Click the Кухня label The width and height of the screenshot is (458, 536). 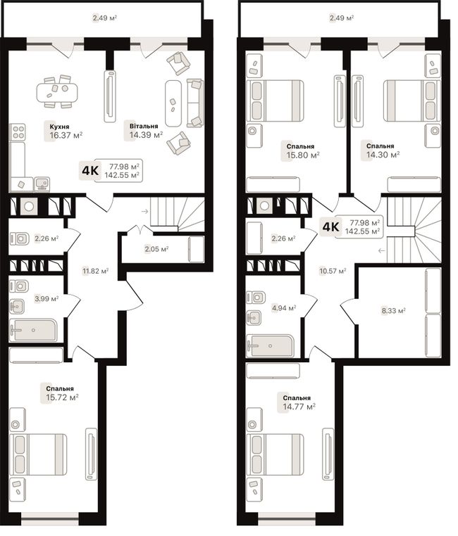[59, 127]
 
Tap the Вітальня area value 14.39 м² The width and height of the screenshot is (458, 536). [146, 134]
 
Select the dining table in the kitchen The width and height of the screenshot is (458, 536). [57, 91]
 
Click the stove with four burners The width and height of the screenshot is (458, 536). [18, 132]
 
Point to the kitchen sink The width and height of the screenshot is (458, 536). [42, 184]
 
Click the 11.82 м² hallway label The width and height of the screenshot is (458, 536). [96, 272]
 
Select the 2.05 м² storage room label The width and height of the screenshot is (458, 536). [156, 249]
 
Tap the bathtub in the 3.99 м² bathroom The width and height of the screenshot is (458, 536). [33, 330]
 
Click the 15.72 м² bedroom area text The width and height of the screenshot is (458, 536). [62, 397]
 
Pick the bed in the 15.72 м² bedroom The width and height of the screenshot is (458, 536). [38, 454]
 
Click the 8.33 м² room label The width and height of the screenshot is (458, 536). [394, 311]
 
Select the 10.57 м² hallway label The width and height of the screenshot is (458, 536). [333, 272]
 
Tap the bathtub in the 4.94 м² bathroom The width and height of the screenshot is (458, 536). [270, 345]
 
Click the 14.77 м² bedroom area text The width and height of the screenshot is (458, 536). [299, 407]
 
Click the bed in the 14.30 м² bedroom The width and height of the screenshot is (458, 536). [411, 101]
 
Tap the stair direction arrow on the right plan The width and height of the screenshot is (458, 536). [382, 251]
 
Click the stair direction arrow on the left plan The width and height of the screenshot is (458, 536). [144, 212]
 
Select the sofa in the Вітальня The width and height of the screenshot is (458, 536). [195, 103]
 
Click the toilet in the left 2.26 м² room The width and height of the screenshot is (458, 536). [19, 238]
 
